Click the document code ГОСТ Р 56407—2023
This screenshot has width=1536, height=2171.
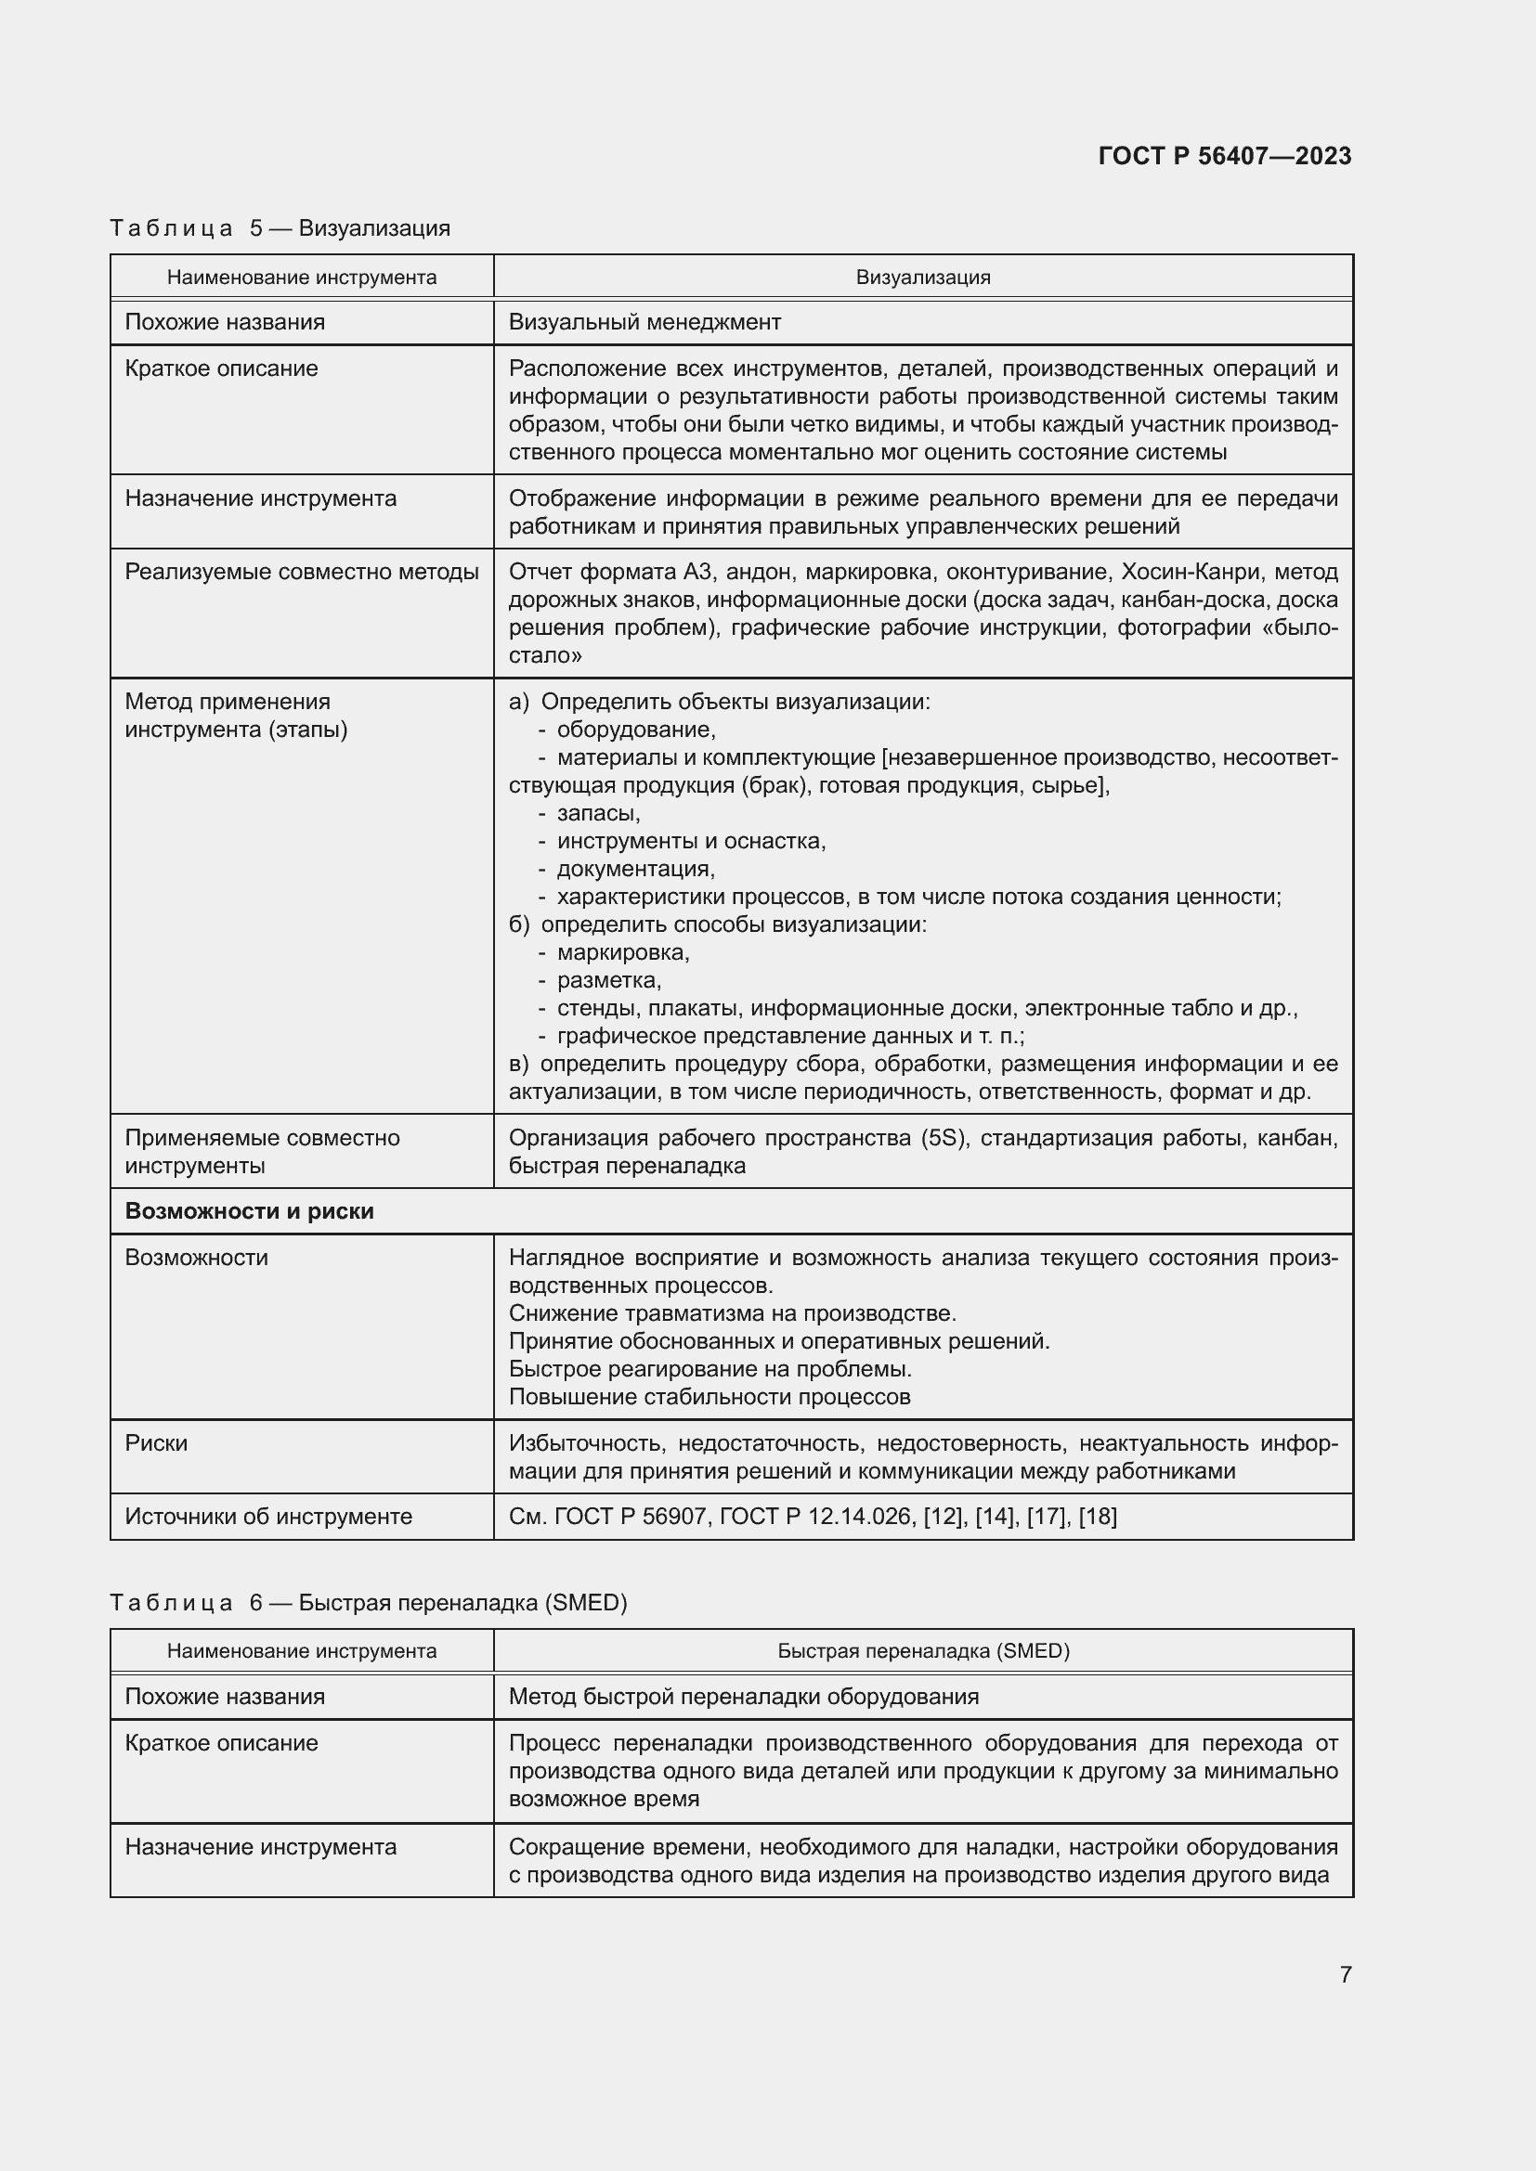(x=1224, y=156)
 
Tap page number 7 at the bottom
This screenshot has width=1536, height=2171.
(x=1345, y=1974)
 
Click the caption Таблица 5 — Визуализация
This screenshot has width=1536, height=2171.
(x=280, y=228)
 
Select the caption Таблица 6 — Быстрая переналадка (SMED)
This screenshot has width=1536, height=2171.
(x=368, y=1603)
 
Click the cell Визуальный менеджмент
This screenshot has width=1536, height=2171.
(x=644, y=322)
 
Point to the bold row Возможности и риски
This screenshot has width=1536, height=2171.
(x=250, y=1211)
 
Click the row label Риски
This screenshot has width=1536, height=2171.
(x=156, y=1443)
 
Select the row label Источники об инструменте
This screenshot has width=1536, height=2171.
(x=268, y=1517)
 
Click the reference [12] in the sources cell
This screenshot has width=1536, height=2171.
(x=942, y=1517)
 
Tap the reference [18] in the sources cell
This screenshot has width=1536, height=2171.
(x=1097, y=1517)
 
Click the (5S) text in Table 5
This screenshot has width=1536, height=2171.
(x=942, y=1138)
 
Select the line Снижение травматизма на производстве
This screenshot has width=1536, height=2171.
(x=732, y=1313)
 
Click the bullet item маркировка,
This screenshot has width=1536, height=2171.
(x=622, y=952)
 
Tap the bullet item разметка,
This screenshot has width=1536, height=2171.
(x=608, y=979)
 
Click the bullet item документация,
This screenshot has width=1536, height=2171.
(x=634, y=868)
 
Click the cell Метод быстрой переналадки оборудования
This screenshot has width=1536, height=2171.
(x=744, y=1697)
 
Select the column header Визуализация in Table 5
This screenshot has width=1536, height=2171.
(x=922, y=277)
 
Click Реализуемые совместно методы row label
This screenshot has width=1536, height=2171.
(x=302, y=572)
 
